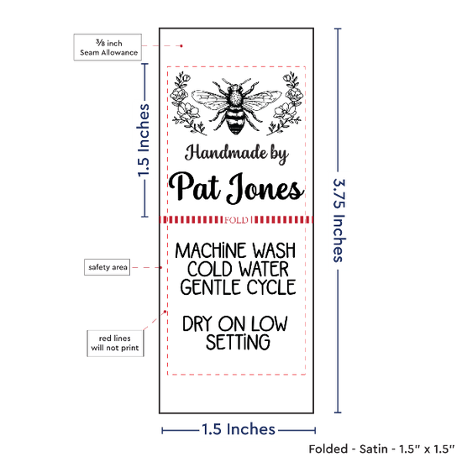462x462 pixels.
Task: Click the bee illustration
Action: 237,106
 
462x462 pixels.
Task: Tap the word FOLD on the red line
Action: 236,220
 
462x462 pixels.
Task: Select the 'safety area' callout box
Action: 108,267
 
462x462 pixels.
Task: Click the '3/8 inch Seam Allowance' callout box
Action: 108,47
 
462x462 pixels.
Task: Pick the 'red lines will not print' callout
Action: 115,344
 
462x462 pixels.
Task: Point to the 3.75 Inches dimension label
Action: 339,220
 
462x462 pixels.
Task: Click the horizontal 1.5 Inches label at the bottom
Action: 239,429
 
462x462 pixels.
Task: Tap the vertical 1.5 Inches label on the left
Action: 144,140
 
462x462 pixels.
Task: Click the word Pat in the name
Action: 195,186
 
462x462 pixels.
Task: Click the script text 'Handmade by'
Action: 236,154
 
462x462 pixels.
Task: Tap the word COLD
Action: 209,269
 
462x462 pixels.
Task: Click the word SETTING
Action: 238,342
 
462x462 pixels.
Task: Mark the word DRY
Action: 197,323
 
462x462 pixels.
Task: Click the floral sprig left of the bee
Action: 186,102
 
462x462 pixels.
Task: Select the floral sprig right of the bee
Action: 285,102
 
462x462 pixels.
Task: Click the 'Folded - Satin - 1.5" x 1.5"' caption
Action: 381,449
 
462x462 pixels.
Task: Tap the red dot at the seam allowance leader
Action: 181,46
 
